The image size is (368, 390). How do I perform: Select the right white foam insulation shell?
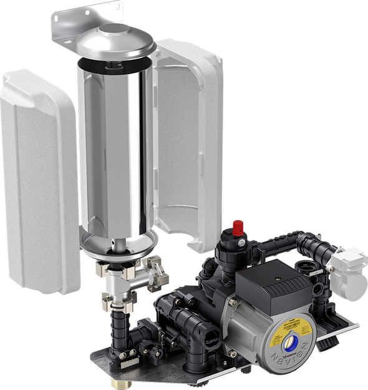click(190, 137)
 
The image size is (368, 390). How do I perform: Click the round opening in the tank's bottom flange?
click(119, 250)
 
